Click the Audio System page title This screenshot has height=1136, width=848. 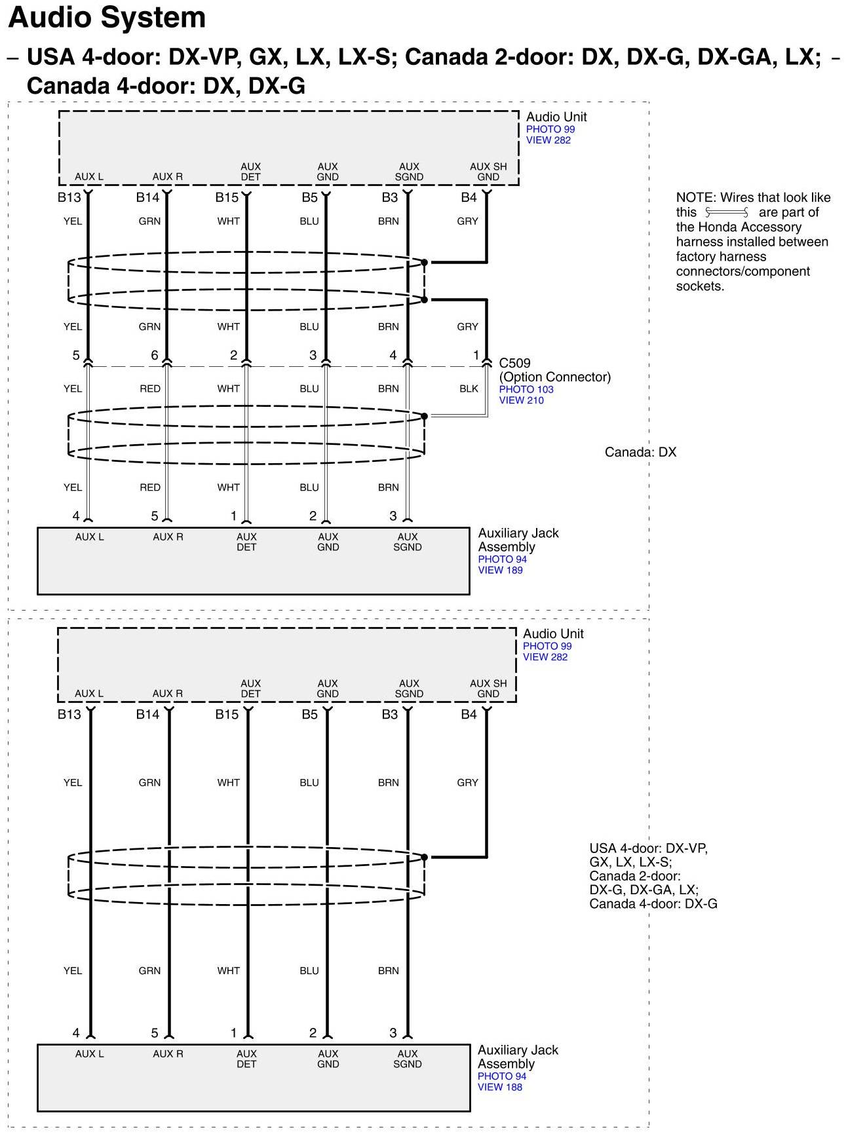point(107,18)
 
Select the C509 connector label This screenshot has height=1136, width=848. point(515,363)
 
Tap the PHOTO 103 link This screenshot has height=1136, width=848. point(526,389)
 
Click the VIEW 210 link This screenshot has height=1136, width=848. point(521,400)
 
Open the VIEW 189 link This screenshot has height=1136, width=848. point(500,570)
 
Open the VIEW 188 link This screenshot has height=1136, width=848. point(500,1087)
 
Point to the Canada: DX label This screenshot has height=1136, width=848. point(640,452)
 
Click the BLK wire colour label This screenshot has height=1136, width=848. point(469,388)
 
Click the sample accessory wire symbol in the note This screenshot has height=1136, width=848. point(726,212)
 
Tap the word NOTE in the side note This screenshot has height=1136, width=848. point(695,197)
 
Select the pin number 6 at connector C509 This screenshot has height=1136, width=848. point(155,355)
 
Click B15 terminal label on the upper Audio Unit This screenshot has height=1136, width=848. point(227,197)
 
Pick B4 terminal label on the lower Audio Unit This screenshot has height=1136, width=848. point(469,714)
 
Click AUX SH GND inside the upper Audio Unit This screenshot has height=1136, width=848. point(488,172)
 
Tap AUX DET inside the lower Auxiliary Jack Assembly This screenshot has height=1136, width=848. point(246,1059)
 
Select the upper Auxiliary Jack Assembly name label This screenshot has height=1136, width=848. point(518,540)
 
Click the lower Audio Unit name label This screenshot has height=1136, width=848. point(552,634)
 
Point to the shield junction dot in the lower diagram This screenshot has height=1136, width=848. point(425,857)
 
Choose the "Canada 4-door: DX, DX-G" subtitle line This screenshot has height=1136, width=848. point(166,86)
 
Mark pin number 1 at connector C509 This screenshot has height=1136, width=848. point(476,355)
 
